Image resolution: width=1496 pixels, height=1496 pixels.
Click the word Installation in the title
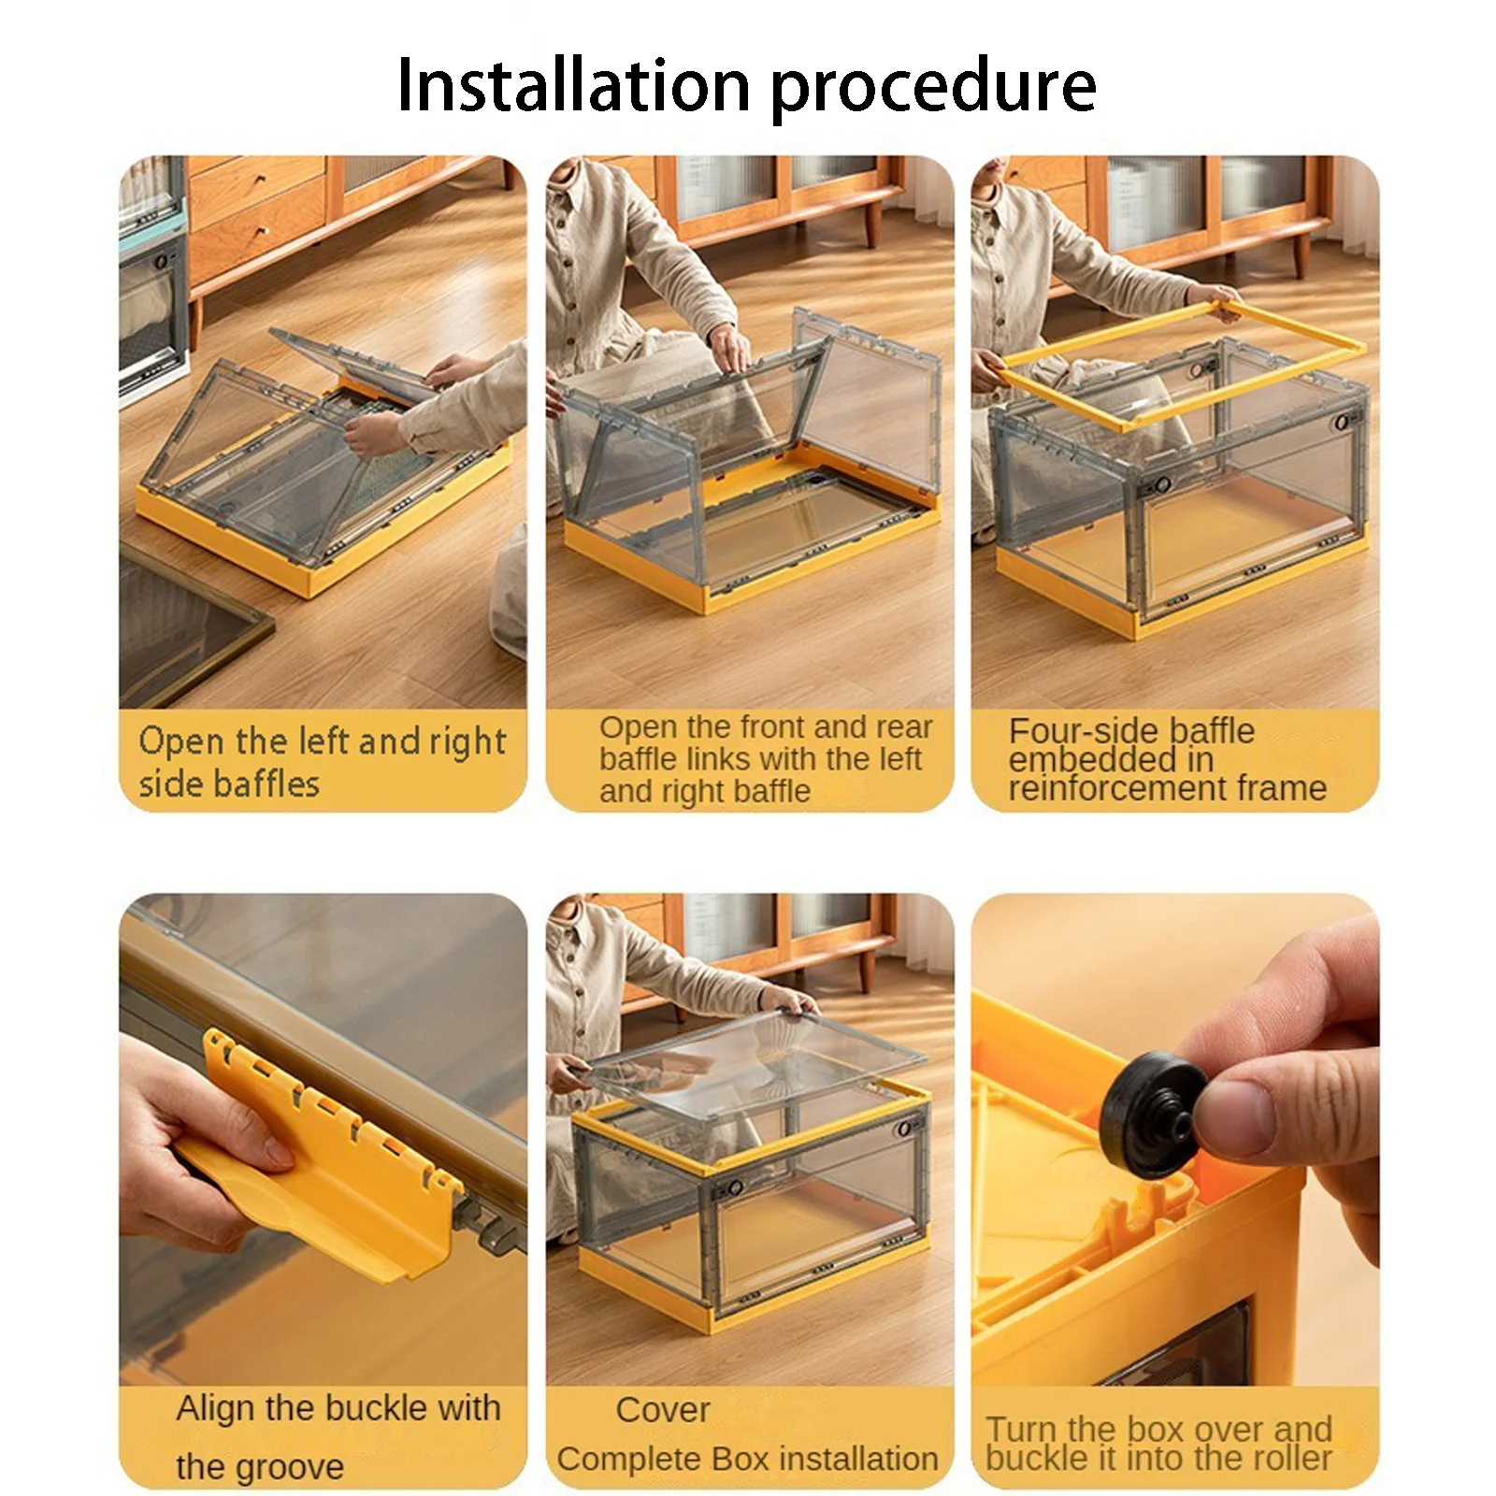tap(573, 85)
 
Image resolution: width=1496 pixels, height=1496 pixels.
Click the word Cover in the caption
tap(663, 1410)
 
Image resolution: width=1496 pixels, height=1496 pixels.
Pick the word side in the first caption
tap(167, 784)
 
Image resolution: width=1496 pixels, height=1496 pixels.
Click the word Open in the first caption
tap(182, 742)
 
